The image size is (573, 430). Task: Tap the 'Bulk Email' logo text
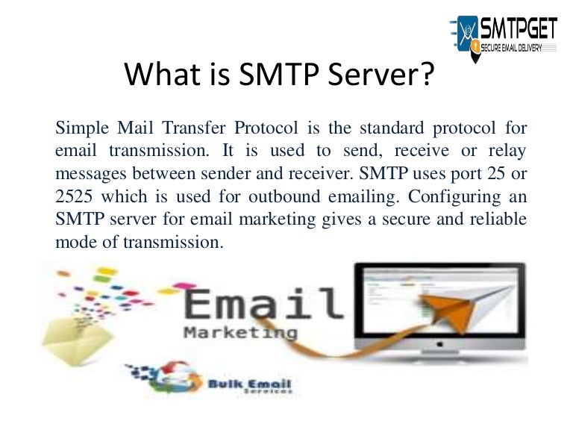tap(251, 386)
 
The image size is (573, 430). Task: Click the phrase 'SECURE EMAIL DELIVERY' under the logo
tap(515, 48)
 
